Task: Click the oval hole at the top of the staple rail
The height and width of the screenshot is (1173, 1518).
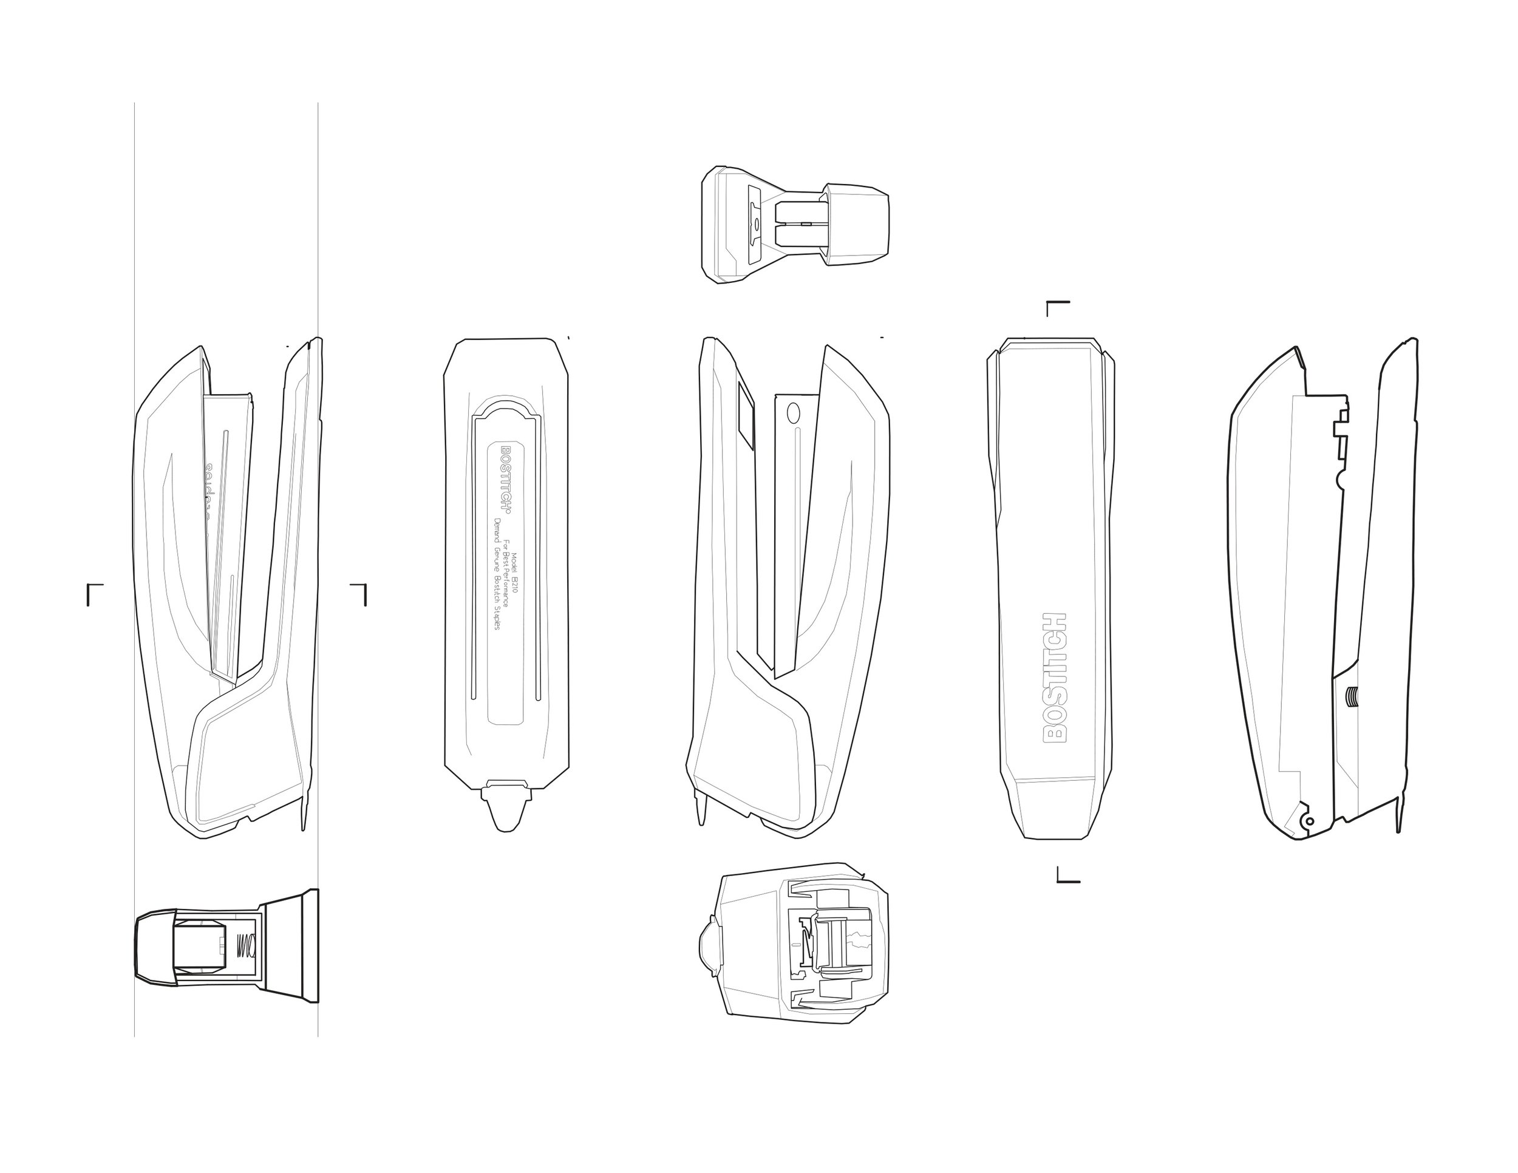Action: click(x=793, y=414)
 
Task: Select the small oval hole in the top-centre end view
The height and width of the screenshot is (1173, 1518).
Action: click(x=757, y=225)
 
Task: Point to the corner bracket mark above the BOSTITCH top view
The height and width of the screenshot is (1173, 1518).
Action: click(x=1057, y=307)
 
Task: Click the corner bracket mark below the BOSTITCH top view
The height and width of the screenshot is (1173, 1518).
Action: click(x=1067, y=875)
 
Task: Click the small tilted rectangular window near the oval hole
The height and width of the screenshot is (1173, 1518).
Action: click(x=744, y=418)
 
